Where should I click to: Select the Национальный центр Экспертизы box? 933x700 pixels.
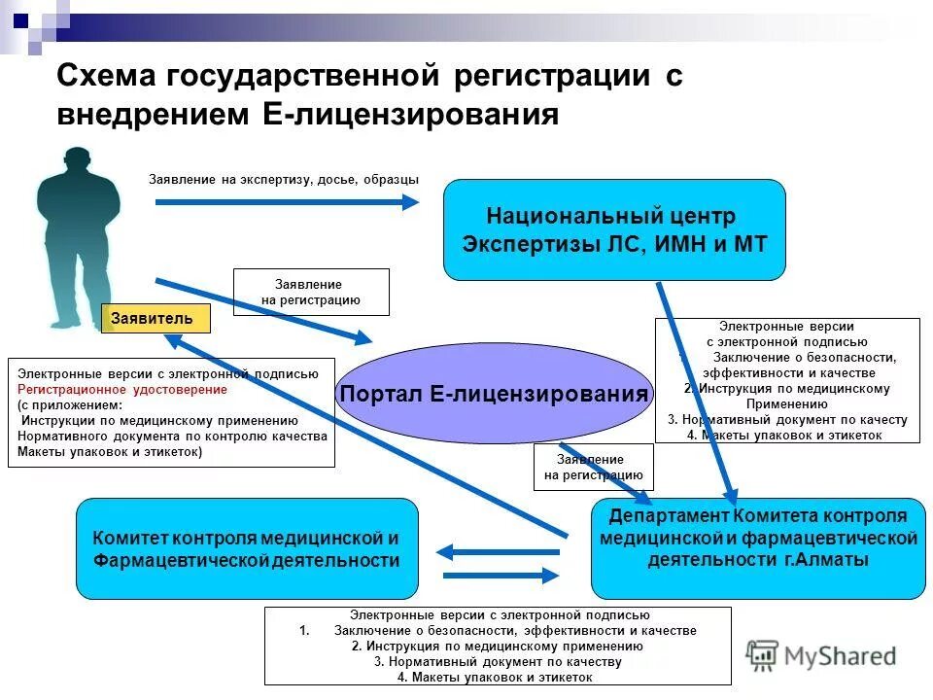click(x=614, y=229)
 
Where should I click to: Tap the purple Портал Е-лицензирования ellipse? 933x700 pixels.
click(x=495, y=394)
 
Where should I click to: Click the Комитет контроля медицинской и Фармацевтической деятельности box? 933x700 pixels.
click(x=247, y=548)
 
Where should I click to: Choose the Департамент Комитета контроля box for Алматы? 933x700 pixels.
click(x=758, y=548)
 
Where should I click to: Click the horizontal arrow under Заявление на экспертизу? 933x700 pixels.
click(x=287, y=201)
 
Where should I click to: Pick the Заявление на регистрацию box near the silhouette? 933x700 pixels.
click(x=311, y=292)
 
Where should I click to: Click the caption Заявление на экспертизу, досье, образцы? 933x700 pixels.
click(x=283, y=179)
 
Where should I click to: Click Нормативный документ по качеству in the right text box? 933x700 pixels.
click(x=787, y=420)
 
